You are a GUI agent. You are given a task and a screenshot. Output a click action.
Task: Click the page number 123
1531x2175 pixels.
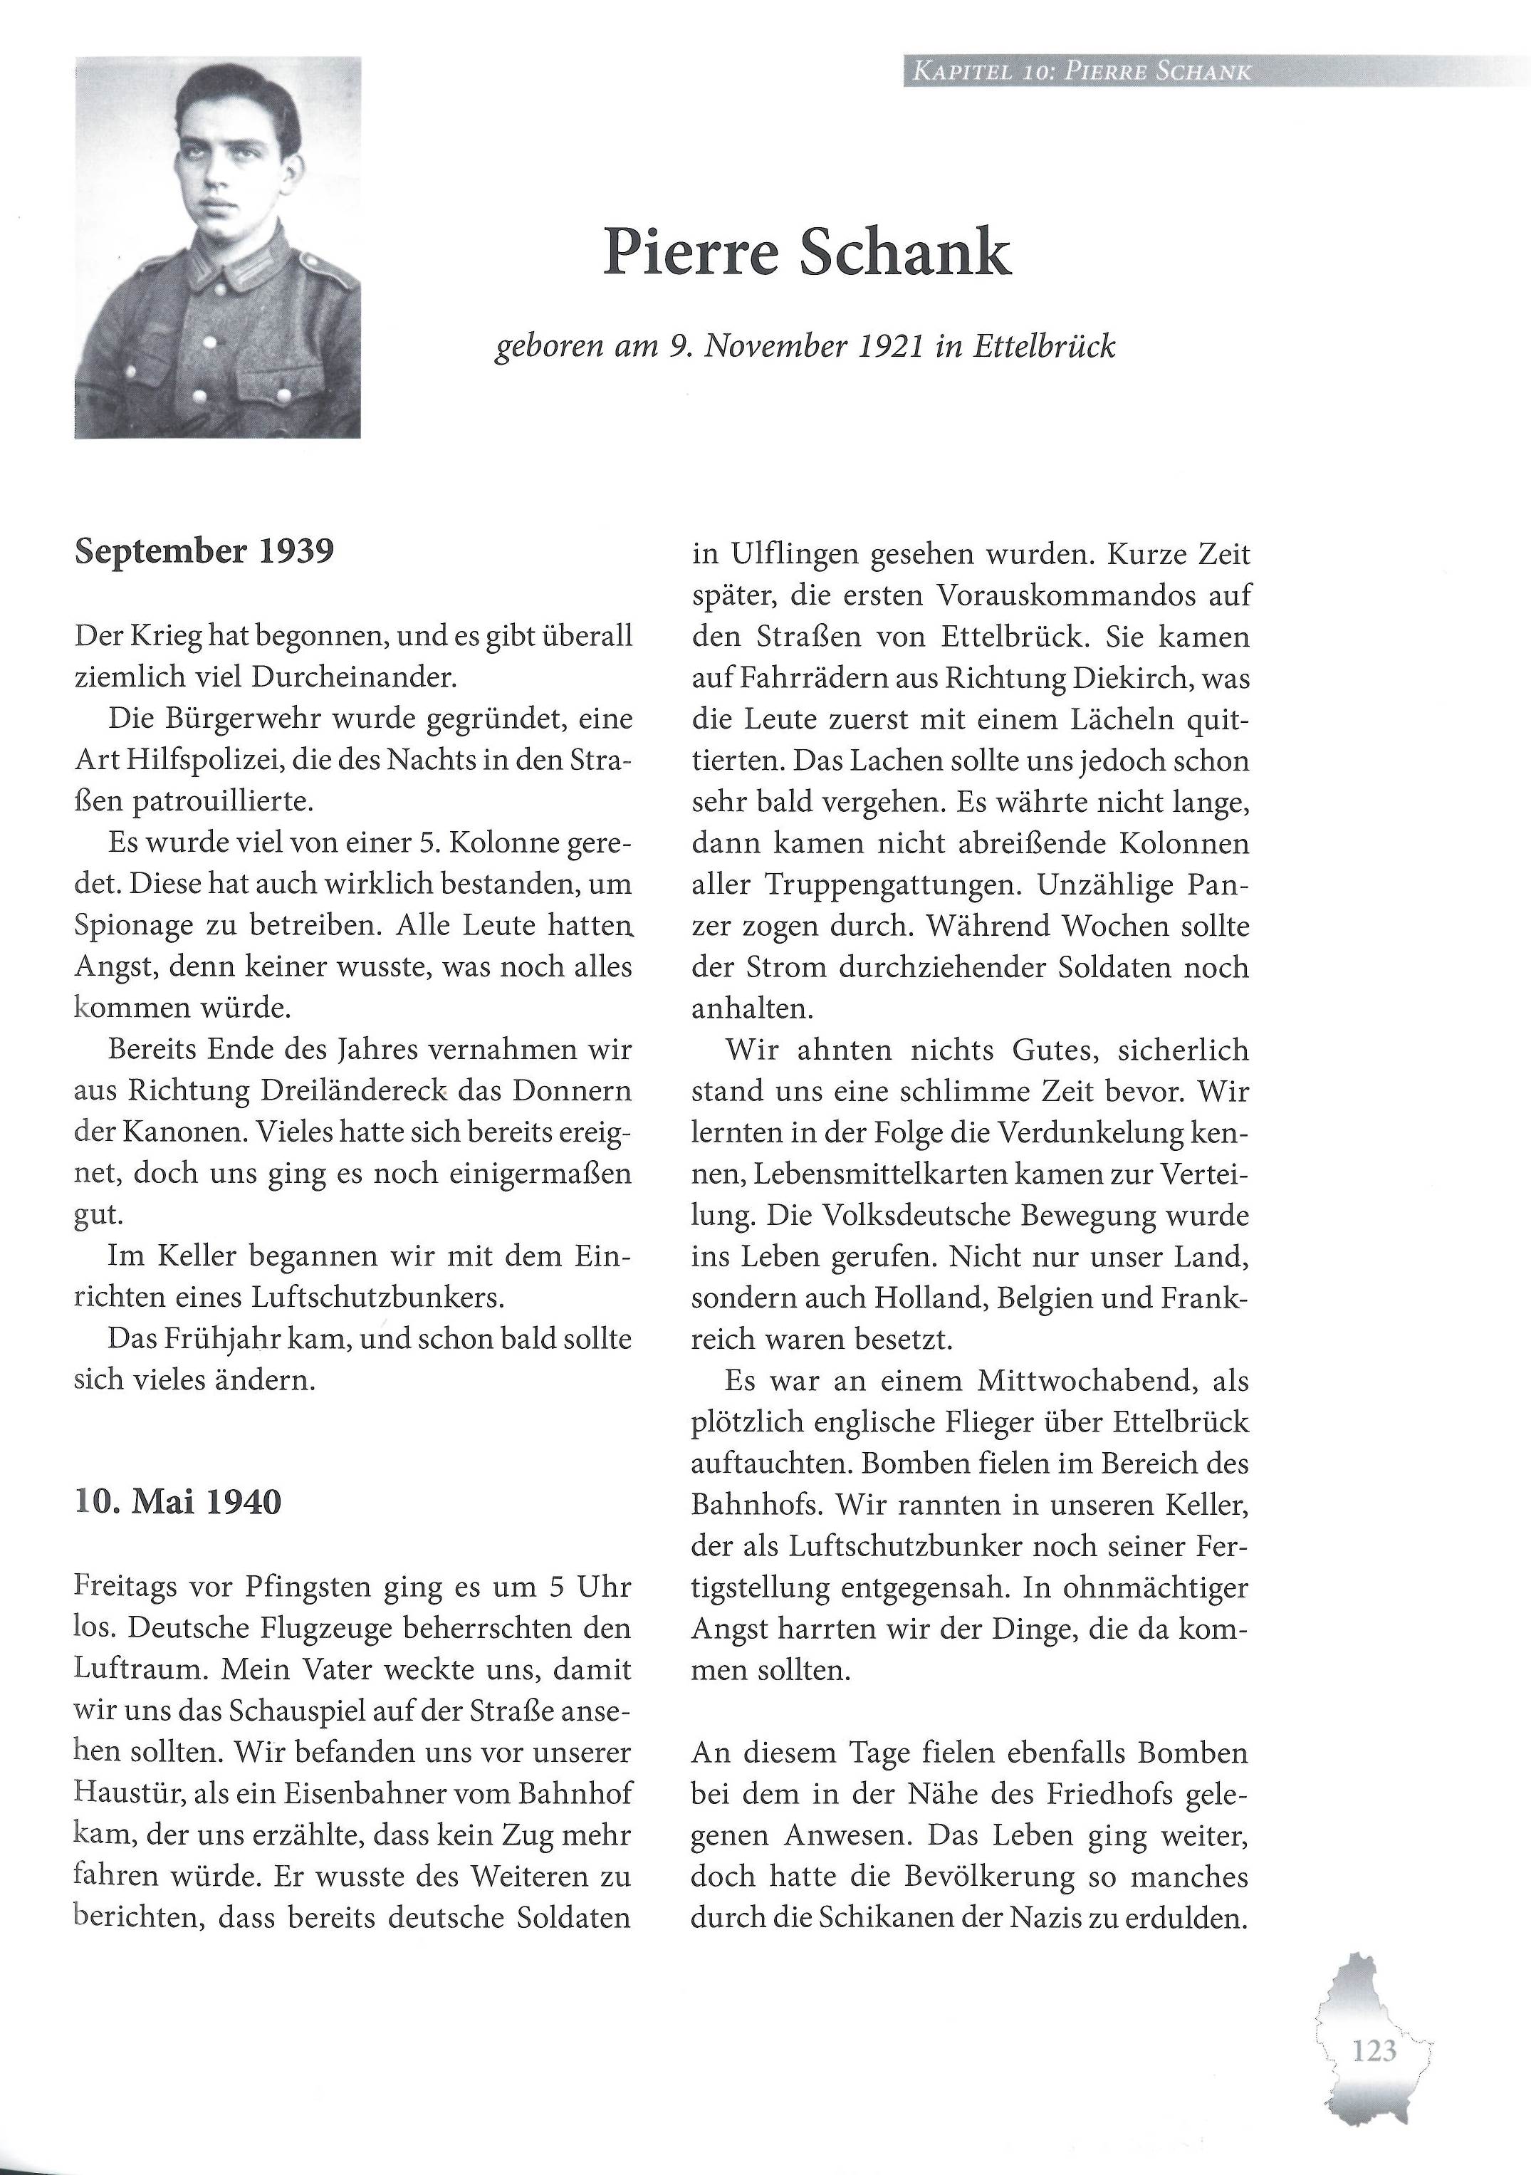point(1374,2051)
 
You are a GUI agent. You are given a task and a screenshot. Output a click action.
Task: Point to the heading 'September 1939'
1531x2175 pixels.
point(204,551)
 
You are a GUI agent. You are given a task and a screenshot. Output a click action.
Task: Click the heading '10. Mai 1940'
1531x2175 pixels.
point(177,1503)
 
